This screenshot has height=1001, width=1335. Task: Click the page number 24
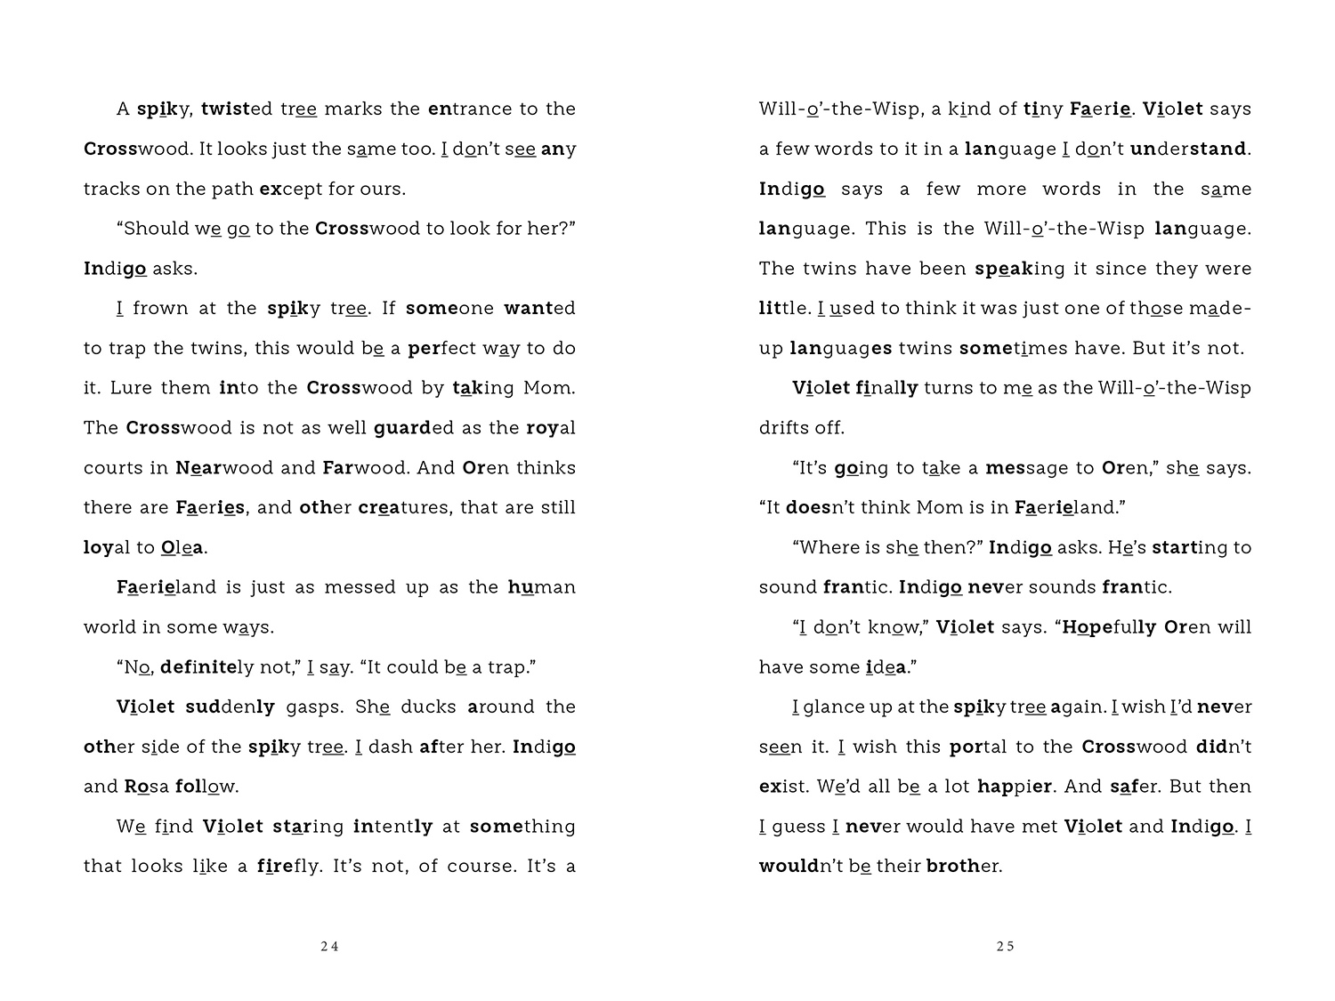click(x=329, y=947)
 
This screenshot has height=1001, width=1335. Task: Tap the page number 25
click(x=1005, y=947)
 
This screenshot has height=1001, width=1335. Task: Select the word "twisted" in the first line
click(x=237, y=109)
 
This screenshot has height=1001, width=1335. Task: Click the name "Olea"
click(x=183, y=547)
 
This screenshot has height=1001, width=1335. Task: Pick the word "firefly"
click(x=287, y=867)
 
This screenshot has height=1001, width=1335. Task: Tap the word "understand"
click(x=1190, y=149)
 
